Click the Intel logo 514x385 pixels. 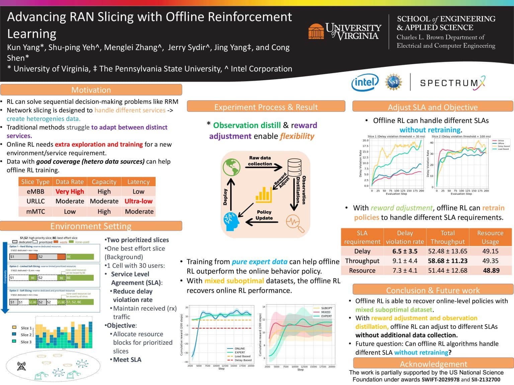pos(364,82)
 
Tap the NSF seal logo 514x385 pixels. pos(393,82)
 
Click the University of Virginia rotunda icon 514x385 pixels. pos(316,31)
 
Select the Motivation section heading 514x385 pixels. pos(91,90)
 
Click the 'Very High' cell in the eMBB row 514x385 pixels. pos(70,191)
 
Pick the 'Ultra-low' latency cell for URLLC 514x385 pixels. pos(139,201)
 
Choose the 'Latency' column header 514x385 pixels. pos(139,182)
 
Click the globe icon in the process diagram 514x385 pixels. pos(232,167)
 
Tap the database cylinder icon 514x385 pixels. pos(294,167)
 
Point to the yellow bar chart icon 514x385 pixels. pos(263,195)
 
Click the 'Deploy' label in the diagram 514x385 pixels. pos(225,197)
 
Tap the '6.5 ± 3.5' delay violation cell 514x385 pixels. pos(405,251)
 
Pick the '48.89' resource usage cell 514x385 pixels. pos(491,270)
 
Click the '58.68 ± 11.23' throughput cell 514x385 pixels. pos(448,261)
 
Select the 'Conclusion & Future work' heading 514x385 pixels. pos(433,290)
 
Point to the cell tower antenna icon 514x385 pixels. pos(21,366)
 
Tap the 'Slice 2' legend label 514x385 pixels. pos(26,335)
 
